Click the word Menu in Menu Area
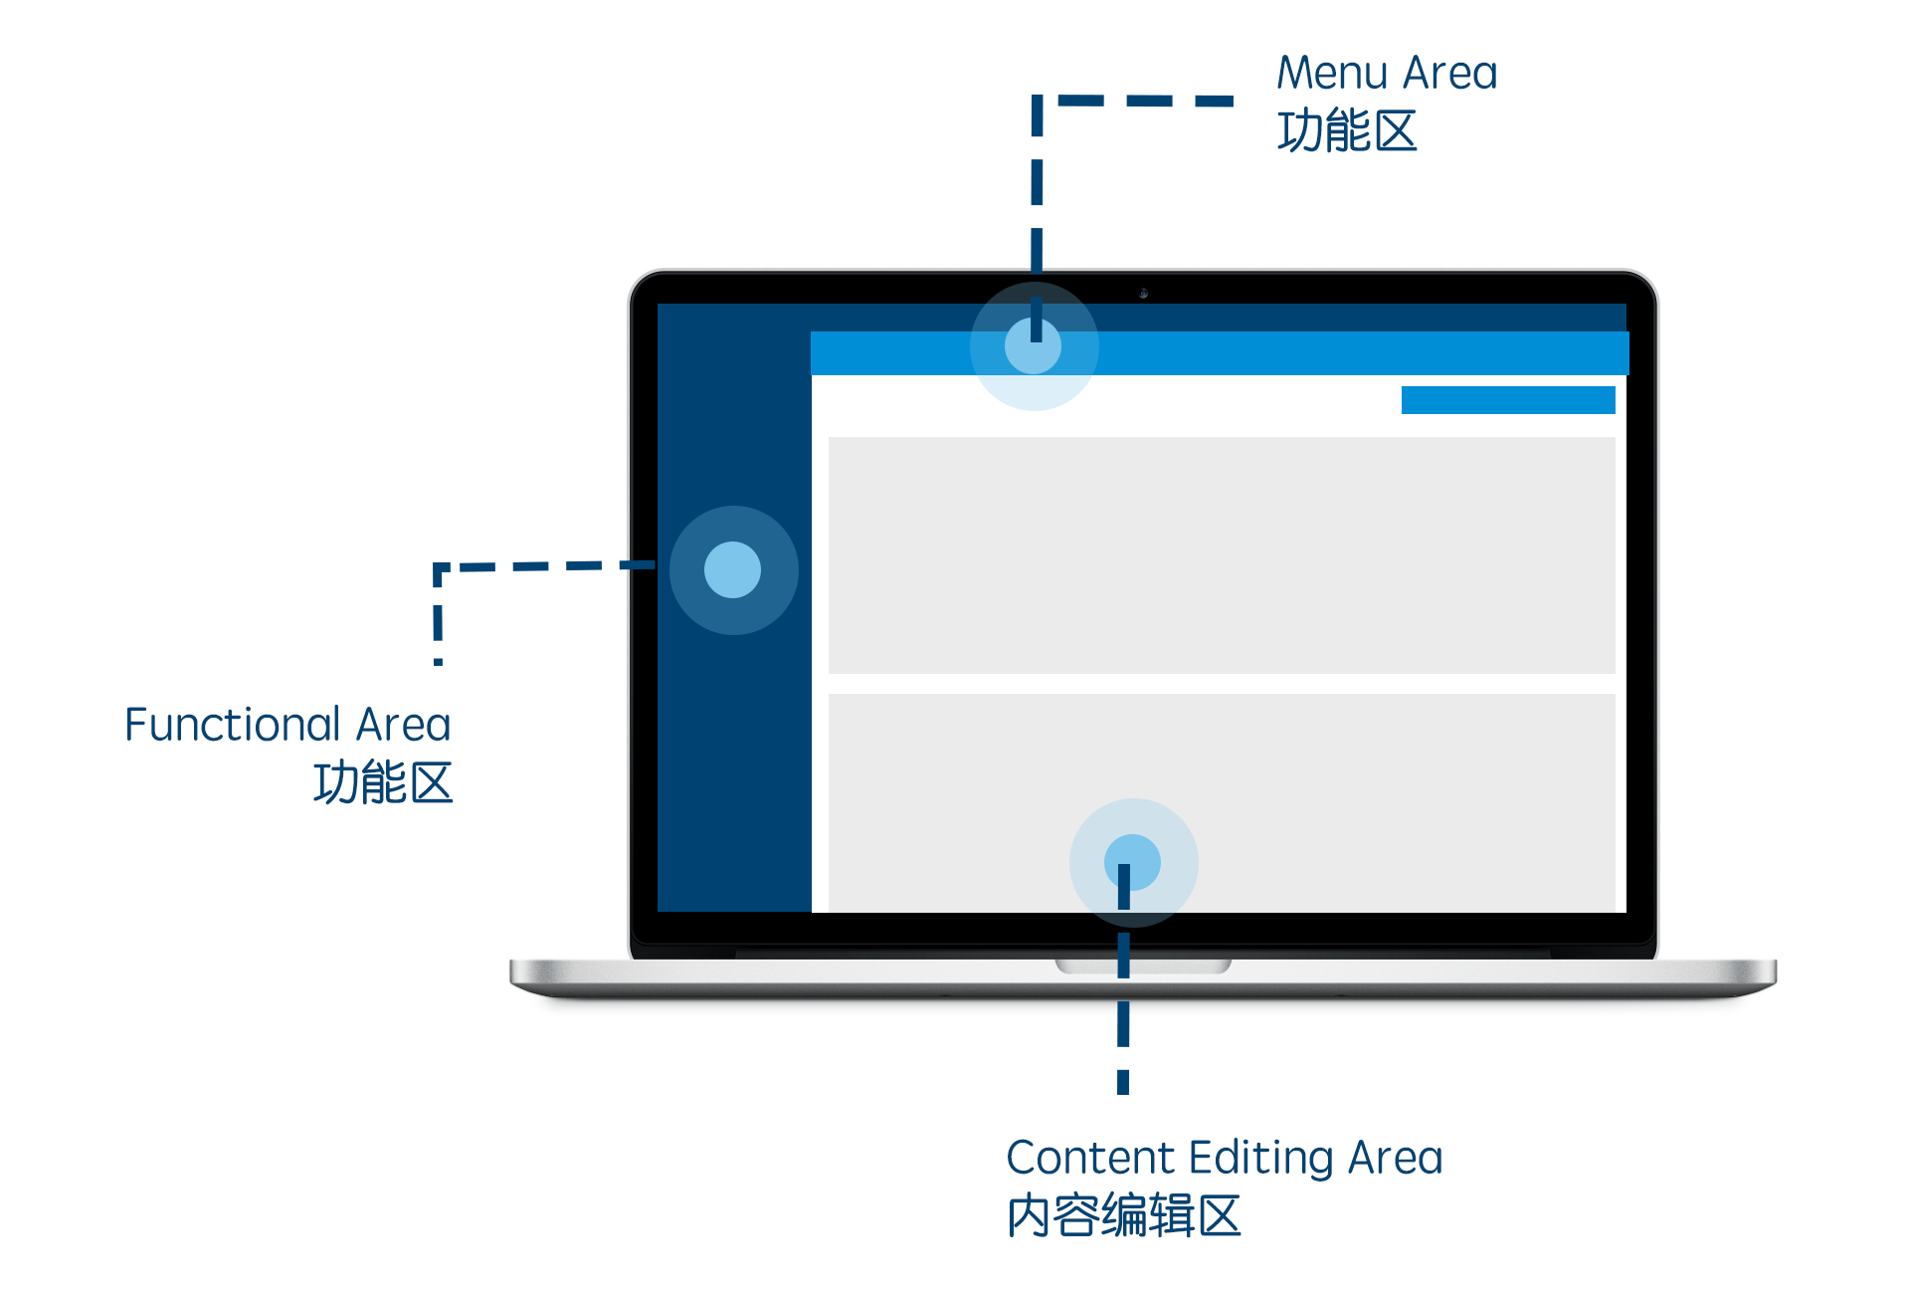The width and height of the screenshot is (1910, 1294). tap(1332, 74)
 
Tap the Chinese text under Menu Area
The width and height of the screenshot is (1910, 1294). tap(1347, 131)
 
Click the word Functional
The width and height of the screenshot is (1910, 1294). tap(233, 725)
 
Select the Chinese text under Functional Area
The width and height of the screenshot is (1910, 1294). tap(383, 782)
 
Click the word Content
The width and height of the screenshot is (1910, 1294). tap(1090, 1158)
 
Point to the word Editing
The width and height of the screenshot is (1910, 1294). tap(1260, 1159)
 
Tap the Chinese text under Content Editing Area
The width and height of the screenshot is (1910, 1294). tap(1124, 1216)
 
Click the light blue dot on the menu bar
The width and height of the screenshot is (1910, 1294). tap(1034, 346)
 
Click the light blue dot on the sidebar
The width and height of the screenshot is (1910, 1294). tap(733, 569)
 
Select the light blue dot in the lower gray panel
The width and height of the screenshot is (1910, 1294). tap(1133, 862)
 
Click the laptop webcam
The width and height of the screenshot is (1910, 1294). tap(1144, 294)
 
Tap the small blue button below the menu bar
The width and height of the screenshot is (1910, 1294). tap(1507, 400)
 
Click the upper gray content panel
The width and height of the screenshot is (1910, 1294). tap(1222, 554)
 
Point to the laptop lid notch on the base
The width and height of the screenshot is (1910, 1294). tap(1143, 966)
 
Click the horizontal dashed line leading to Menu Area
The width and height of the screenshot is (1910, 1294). tap(1144, 101)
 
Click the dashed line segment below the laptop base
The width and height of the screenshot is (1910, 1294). tap(1123, 1045)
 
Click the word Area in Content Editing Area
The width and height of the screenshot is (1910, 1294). tap(1395, 1158)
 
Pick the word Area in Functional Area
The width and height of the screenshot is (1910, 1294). tap(403, 725)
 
